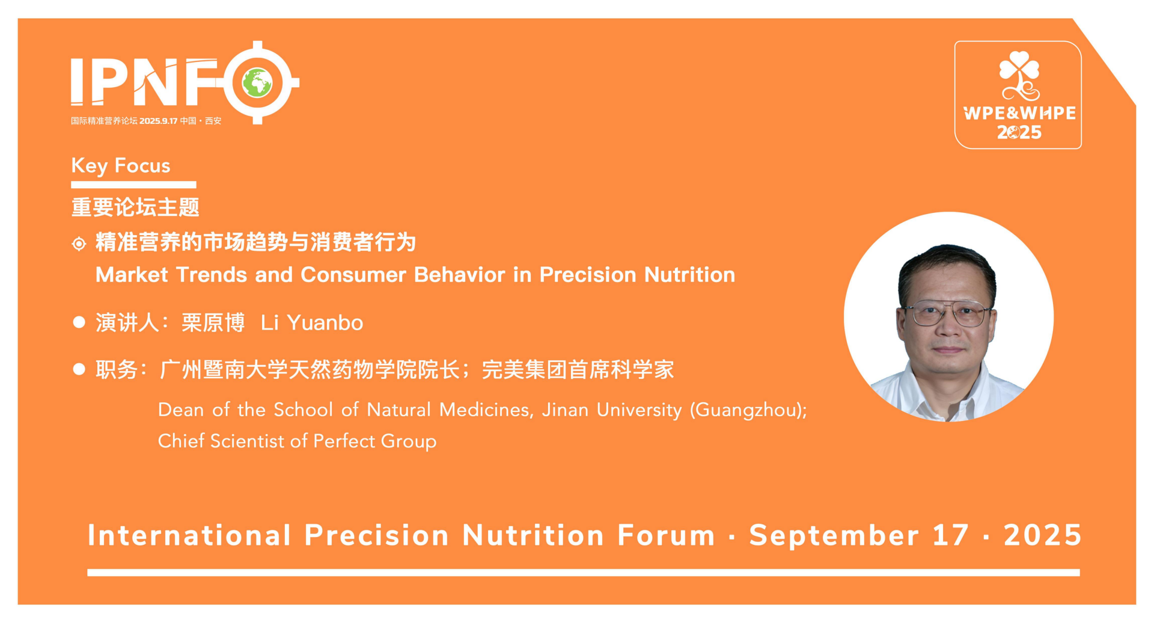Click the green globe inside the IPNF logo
257,83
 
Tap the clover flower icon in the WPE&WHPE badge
1019,75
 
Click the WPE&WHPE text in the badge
1019,113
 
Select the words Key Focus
121,165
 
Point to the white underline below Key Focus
133,185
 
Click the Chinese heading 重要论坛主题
135,207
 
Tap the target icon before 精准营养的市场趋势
79,244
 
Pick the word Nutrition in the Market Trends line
689,275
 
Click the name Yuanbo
325,323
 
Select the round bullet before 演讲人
79,322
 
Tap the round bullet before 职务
79,369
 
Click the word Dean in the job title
181,410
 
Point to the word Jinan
565,410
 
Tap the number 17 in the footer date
950,535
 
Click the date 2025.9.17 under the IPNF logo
158,121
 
